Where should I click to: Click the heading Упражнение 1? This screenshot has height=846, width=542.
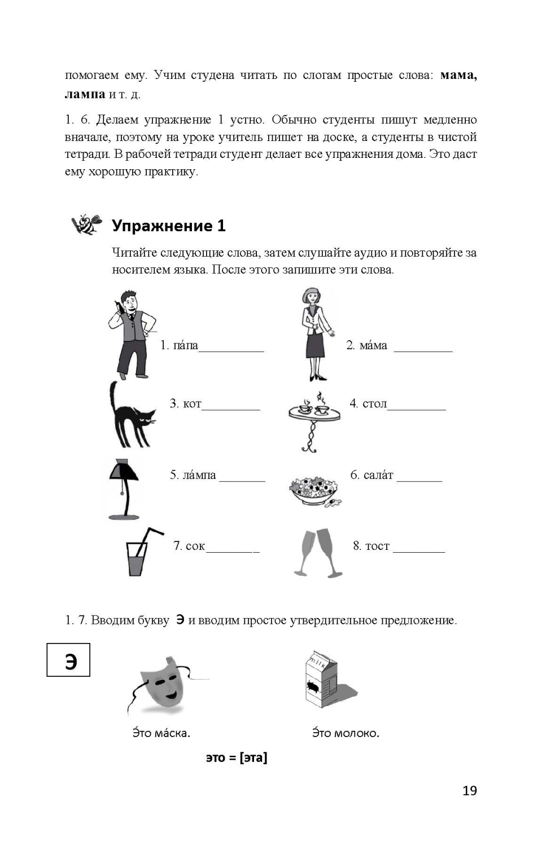click(x=168, y=226)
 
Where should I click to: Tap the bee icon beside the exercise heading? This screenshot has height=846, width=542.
click(x=86, y=224)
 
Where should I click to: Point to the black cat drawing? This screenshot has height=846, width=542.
click(x=130, y=416)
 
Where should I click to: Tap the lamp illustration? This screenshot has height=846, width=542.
click(x=124, y=488)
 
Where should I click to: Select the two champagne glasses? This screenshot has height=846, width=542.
click(x=317, y=553)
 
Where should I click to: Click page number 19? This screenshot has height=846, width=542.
click(x=469, y=791)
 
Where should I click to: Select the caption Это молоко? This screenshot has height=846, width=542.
click(x=346, y=733)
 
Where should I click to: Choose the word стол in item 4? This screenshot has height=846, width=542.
click(x=374, y=403)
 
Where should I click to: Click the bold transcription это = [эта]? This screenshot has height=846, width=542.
click(x=236, y=757)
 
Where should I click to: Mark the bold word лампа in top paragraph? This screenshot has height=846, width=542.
click(x=85, y=94)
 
